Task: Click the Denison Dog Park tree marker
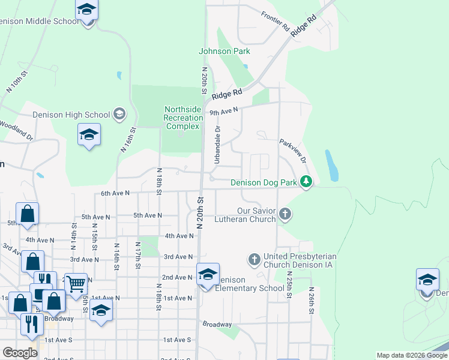306,181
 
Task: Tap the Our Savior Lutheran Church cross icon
286,214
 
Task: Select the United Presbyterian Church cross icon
254,260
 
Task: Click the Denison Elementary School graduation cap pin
208,275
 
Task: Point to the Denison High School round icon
119,114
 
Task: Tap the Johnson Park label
224,52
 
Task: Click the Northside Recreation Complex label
183,118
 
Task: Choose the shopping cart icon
75,283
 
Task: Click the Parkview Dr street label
293,152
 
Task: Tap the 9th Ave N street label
223,111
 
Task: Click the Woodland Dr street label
16,130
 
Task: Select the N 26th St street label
312,301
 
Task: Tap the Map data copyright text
412,355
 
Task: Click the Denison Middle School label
40,21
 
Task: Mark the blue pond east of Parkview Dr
331,165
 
